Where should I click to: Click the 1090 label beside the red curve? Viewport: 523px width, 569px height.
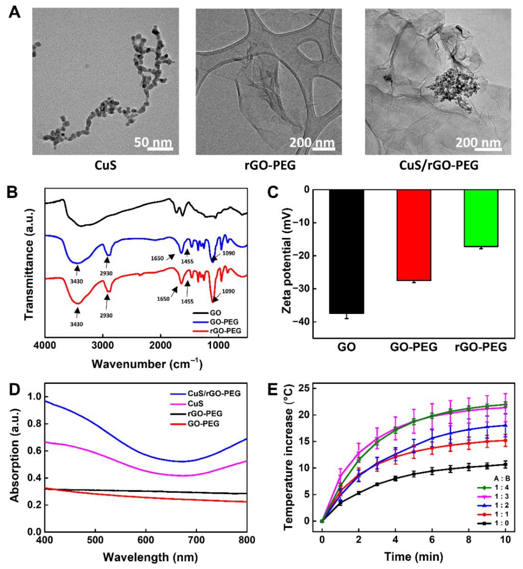[228, 291]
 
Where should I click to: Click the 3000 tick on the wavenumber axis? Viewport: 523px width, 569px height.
[103, 346]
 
